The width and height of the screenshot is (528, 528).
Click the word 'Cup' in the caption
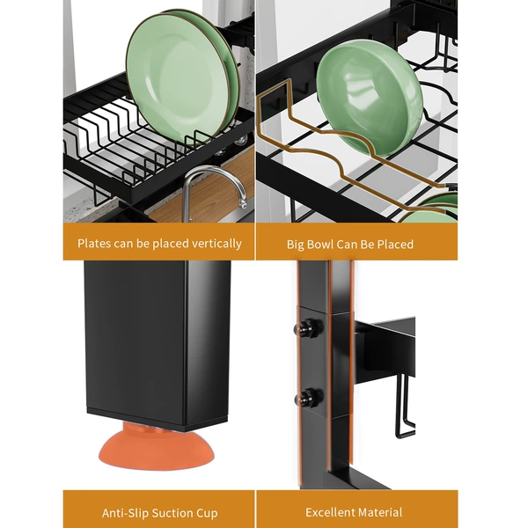[x=207, y=514]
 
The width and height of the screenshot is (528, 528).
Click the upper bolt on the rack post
[x=308, y=327]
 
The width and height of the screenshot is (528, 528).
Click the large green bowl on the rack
[x=370, y=98]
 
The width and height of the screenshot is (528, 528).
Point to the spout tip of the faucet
[x=243, y=204]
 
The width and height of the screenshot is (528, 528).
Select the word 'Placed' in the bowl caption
[x=394, y=244]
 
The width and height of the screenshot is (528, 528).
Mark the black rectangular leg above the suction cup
[x=158, y=346]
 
